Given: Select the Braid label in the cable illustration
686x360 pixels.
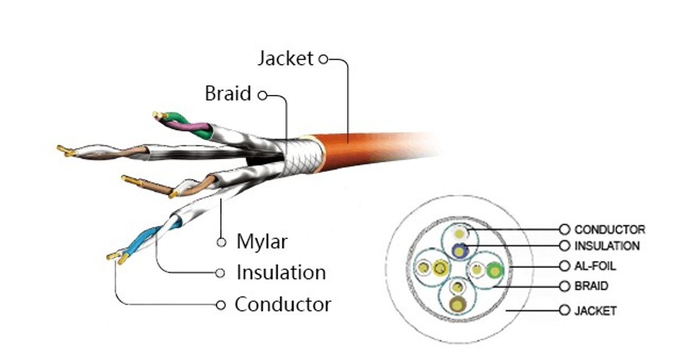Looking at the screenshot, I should point(228,94).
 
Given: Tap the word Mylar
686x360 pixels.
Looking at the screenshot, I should point(262,242).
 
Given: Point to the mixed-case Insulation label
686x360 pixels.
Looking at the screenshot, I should point(281,273).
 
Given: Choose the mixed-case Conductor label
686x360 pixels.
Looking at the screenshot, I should point(282,304).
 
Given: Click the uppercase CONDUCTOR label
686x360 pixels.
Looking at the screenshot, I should point(609,230).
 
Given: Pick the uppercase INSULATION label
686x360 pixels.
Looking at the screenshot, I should point(607,246).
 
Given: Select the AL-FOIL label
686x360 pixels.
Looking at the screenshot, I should point(595,266).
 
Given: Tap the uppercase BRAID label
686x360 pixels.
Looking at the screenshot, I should point(591,286).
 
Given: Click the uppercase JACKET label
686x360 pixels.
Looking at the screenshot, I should point(595,311).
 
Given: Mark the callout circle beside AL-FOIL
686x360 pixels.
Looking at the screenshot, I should point(565,266).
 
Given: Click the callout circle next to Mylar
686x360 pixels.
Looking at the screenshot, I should point(221,242).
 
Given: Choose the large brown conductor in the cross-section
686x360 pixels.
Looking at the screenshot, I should point(458,303).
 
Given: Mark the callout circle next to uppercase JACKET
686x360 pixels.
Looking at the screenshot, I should point(565,310).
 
